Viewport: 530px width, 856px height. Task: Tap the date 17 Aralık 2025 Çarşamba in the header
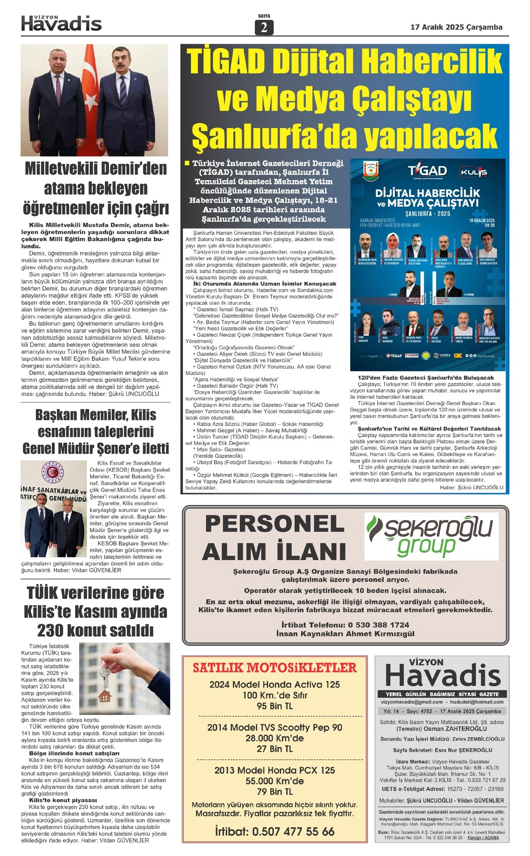(456, 27)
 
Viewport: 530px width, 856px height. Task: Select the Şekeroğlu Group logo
(431, 536)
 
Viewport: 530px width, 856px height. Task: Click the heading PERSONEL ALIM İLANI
(274, 538)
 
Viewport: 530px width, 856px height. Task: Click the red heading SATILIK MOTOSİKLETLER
(274, 667)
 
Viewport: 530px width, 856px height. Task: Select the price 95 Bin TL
(274, 706)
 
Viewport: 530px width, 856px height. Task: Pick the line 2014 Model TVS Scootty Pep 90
(274, 727)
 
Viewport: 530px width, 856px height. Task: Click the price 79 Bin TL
(274, 792)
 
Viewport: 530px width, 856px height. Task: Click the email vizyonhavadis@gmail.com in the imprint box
(412, 702)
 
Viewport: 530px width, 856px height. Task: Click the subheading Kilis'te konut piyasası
(63, 800)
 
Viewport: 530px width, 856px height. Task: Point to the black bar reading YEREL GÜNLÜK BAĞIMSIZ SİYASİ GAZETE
(442, 694)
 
